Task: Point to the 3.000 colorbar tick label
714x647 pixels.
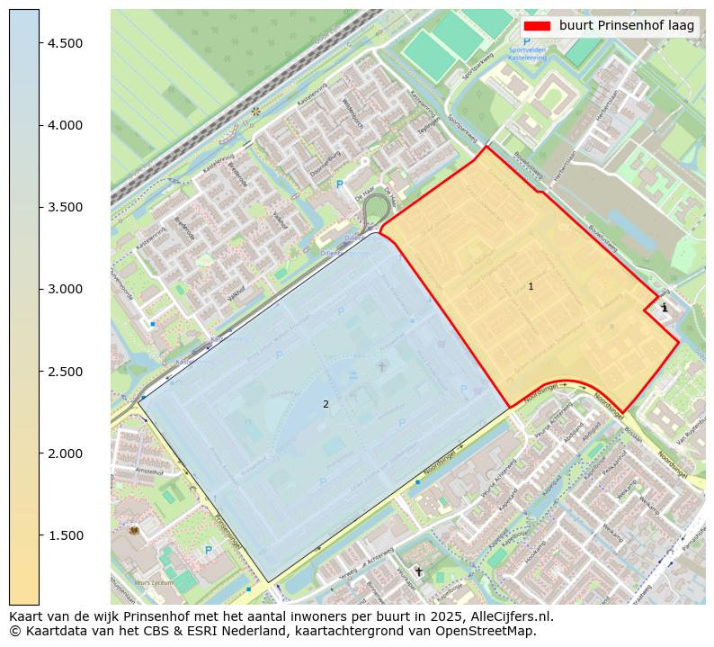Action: click(66, 289)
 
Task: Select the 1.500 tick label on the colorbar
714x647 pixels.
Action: click(66, 535)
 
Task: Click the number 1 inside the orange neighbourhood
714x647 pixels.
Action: click(531, 286)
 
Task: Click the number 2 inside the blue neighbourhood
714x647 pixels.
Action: click(326, 404)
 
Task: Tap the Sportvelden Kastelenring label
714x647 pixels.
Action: click(527, 54)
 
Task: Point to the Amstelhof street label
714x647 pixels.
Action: click(149, 471)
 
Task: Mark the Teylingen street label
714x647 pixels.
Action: click(426, 130)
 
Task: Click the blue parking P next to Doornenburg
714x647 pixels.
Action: click(340, 184)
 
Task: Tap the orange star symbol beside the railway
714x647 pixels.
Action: click(256, 112)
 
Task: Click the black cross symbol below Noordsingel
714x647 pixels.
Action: click(418, 571)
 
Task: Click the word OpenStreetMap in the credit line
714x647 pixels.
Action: click(491, 631)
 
